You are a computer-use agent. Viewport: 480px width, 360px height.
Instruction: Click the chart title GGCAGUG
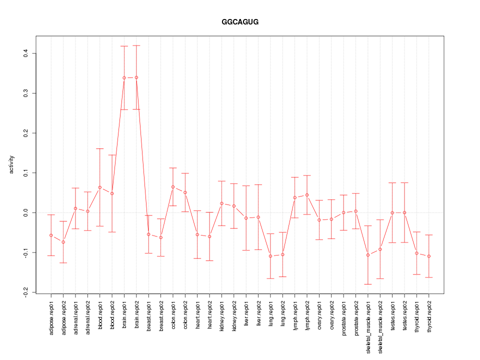240,22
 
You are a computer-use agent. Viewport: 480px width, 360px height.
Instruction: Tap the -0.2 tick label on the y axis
25,292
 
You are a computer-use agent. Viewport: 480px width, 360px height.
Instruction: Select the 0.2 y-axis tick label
25,133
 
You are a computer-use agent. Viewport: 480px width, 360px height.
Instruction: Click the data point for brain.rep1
124,78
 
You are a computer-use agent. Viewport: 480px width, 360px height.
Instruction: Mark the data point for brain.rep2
136,77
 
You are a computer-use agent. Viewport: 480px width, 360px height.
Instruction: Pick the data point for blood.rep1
99,187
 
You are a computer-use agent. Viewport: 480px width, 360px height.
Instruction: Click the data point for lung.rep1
270,256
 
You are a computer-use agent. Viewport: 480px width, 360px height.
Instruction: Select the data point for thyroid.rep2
429,256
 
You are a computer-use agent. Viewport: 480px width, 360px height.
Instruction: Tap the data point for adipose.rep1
51,235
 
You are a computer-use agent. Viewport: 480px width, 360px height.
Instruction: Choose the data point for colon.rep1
173,187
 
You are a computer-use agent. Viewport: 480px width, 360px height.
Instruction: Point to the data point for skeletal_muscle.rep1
368,255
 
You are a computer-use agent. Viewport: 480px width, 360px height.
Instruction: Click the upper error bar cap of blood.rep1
99,148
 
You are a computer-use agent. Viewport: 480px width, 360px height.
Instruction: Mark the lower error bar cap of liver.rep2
258,249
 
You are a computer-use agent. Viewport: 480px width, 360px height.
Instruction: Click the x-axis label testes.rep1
392,320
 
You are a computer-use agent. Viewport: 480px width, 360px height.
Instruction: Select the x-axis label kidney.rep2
234,320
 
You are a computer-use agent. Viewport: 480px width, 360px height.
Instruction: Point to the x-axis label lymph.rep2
307,320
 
